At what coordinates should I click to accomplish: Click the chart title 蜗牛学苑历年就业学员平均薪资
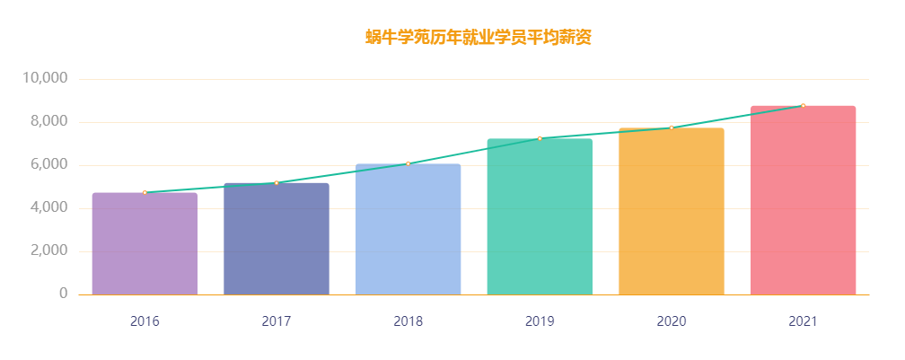[x=479, y=38]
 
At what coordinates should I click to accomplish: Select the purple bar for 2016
[x=145, y=244]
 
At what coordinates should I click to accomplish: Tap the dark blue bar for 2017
[x=277, y=240]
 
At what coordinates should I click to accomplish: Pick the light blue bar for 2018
[x=408, y=230]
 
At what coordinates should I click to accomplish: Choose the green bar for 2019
[x=540, y=217]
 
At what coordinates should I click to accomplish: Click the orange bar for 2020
[x=672, y=212]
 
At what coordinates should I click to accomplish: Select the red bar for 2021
[x=803, y=201]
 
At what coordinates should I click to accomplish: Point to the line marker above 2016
[x=145, y=193]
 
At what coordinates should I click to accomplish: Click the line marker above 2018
[x=408, y=163]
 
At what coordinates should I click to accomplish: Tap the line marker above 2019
[x=540, y=138]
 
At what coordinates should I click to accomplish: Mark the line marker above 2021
[x=803, y=106]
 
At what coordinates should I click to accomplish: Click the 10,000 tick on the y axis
[x=44, y=79]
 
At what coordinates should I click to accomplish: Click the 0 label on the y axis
[x=63, y=294]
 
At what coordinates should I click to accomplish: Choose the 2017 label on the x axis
[x=277, y=320]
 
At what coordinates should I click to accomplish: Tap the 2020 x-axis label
[x=672, y=320]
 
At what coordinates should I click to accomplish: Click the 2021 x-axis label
[x=803, y=320]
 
